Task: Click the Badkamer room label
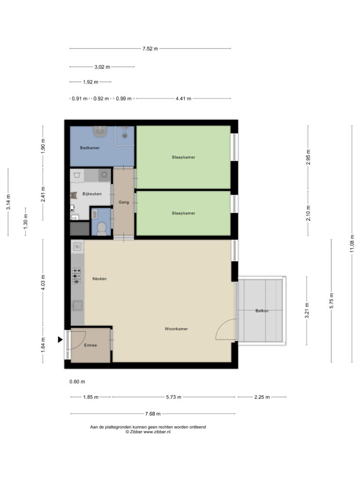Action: coord(90,148)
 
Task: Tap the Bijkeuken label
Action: coord(92,194)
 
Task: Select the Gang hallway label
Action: coord(124,202)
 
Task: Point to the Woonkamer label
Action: coord(176,329)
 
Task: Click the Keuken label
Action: coord(99,278)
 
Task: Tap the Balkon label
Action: coord(262,311)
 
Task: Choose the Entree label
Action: coord(90,345)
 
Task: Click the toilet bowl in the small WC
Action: coord(101,229)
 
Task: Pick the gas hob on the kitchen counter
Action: coord(77,276)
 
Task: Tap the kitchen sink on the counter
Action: coord(77,306)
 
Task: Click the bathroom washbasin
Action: coord(100,132)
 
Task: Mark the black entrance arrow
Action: coord(60,339)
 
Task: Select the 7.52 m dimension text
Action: coord(150,49)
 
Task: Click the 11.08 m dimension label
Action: coord(352,244)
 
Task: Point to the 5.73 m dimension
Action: coord(173,397)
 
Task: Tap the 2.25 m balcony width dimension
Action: coord(262,397)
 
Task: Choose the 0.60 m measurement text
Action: coord(77,382)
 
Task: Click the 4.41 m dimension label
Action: coord(183,98)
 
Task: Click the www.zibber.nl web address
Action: coord(157,432)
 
